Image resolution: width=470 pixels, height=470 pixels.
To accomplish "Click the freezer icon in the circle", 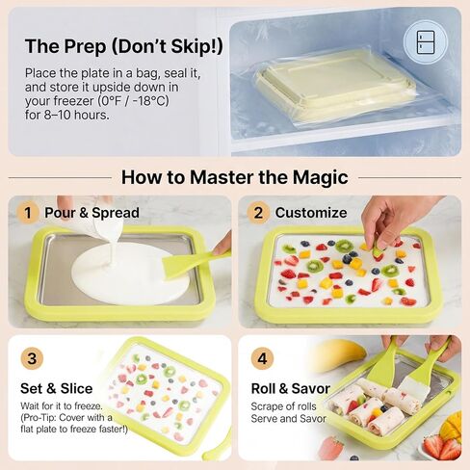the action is (x=426, y=42).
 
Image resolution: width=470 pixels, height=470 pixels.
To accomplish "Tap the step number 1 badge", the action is (x=28, y=213).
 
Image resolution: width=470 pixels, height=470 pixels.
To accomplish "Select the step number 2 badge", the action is (x=258, y=213).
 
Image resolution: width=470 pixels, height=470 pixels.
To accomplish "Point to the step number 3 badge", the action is (x=32, y=358).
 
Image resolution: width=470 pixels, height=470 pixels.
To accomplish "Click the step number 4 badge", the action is (x=262, y=358).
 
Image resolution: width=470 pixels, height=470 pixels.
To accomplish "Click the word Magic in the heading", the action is (x=320, y=177).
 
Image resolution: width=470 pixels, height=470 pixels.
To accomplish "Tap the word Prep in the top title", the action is (x=85, y=46).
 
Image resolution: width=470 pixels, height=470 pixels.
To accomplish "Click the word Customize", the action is (x=311, y=213).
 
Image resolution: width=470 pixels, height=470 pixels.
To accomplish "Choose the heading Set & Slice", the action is (x=57, y=388).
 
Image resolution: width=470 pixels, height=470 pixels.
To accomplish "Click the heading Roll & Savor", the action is (x=291, y=388).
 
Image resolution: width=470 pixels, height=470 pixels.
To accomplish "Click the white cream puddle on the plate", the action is (x=129, y=274).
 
